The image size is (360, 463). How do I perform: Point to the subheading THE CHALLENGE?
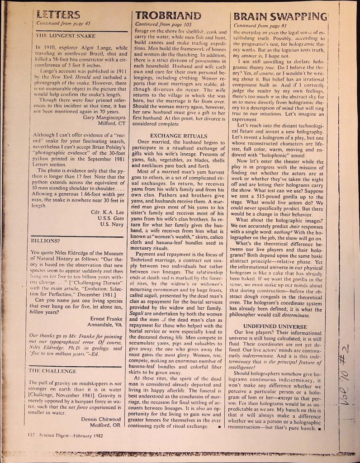(x=50, y=370)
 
